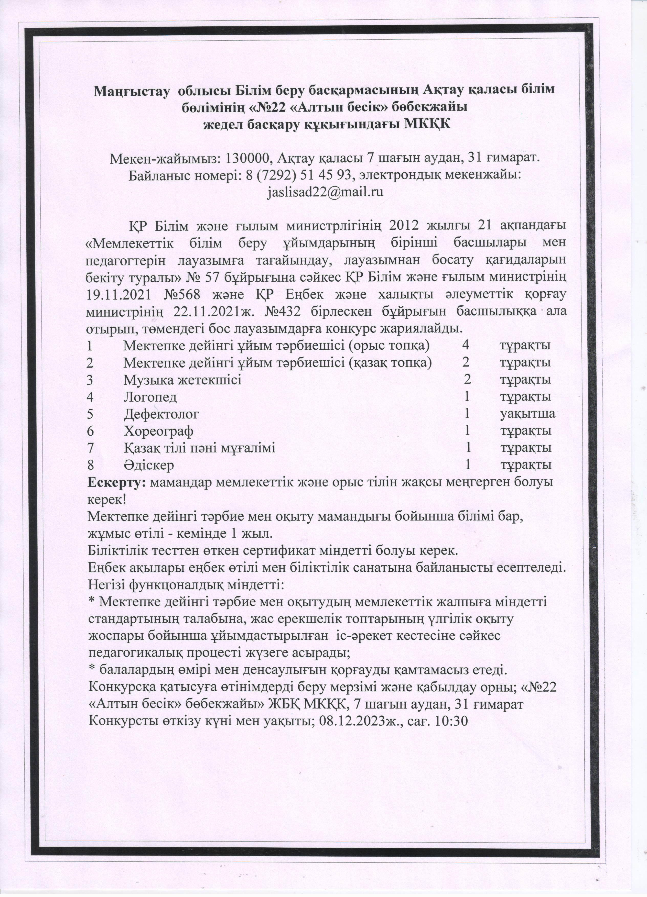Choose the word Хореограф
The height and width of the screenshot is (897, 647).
point(158,431)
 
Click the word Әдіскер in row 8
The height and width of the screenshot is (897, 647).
point(148,465)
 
